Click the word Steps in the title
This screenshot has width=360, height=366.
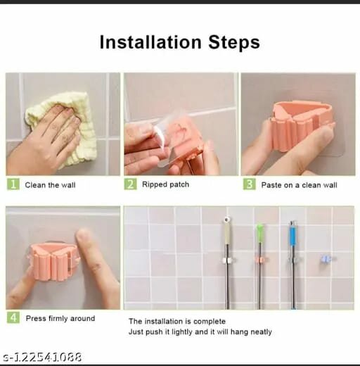(231, 42)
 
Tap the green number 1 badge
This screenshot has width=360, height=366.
(13, 184)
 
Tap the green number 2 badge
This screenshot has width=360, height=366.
(130, 184)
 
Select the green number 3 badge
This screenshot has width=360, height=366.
(248, 184)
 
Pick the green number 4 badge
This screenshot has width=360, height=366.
(13, 318)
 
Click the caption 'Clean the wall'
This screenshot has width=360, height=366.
(50, 185)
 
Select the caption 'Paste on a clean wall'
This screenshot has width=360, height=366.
(299, 185)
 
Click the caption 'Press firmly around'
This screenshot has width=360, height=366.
(60, 318)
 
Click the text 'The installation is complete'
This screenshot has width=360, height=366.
(179, 321)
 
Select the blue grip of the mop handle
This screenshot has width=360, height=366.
(292, 234)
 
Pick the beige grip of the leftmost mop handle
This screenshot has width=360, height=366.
(227, 232)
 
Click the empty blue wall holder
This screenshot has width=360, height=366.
(324, 260)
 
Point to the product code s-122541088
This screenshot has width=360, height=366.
(41, 357)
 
